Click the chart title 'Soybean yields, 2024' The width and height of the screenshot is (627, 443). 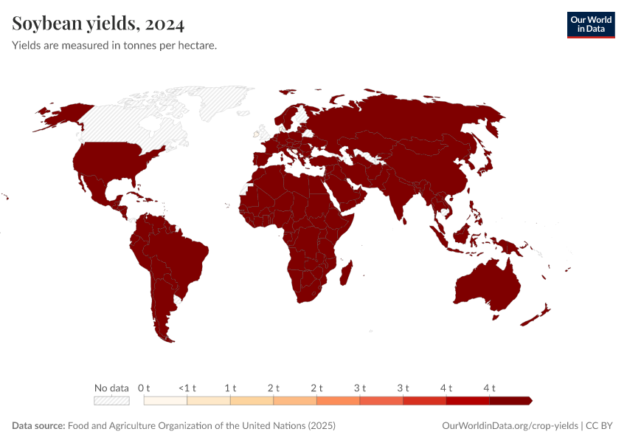98,24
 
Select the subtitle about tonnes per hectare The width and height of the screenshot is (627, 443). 114,46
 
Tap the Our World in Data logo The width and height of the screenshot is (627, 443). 590,24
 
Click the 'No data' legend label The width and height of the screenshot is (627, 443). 111,388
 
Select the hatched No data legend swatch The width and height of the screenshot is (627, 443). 111,401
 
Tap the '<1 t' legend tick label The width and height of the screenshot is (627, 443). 187,388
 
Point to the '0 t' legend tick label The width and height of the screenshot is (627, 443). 144,388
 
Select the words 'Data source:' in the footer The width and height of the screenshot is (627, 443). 38,426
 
